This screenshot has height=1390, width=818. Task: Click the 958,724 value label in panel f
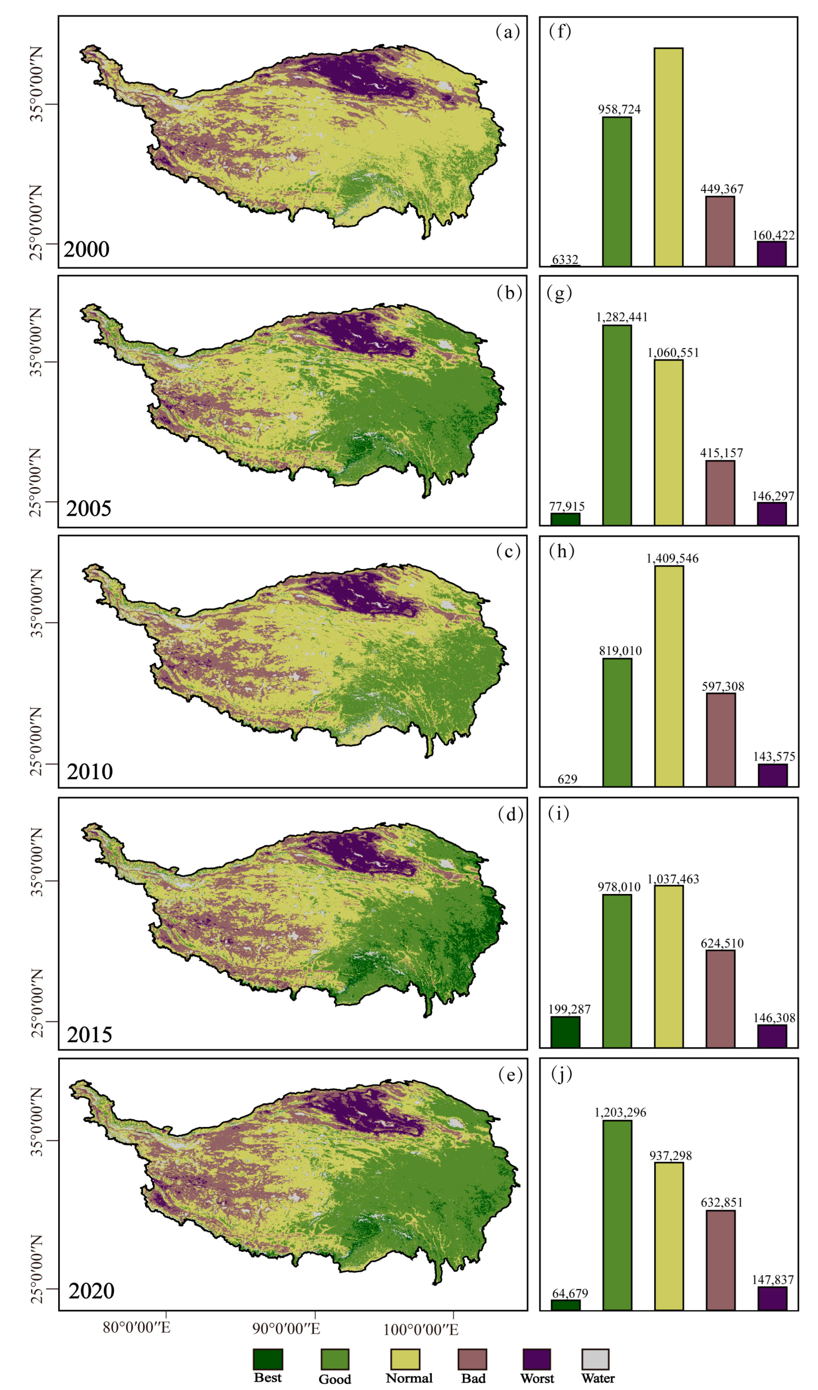point(619,109)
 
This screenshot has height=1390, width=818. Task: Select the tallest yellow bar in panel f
point(668,157)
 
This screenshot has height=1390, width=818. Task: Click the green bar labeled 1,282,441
point(617,425)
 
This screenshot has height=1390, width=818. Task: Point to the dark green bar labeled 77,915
point(565,519)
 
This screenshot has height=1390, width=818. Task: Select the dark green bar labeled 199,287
point(565,1031)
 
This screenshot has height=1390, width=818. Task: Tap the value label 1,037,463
point(673,879)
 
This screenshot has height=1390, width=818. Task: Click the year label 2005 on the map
point(89,508)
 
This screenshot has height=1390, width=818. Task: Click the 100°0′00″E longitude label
point(421,1329)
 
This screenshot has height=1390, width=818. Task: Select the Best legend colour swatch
point(268,1359)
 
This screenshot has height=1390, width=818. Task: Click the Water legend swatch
point(596,1359)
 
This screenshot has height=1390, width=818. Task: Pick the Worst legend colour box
point(537,1359)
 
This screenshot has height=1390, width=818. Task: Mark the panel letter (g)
point(559,292)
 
